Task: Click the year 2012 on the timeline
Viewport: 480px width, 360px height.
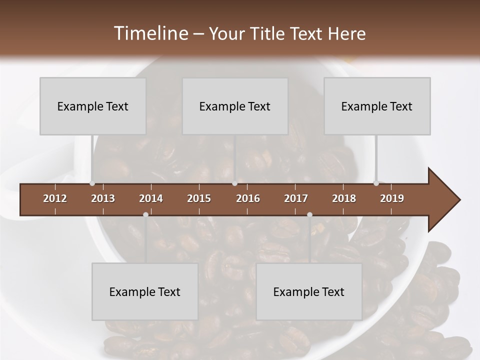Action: pos(55,198)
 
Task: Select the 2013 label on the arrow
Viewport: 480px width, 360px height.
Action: pos(103,198)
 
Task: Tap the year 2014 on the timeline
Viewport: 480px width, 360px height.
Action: pos(151,198)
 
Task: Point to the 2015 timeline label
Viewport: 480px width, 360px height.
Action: pos(199,198)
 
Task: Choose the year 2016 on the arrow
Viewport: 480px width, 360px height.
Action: pos(248,198)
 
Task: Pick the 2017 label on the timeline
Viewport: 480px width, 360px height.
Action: pos(296,198)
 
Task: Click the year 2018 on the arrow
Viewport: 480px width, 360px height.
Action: pos(344,198)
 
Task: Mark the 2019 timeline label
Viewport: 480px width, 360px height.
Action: pos(392,198)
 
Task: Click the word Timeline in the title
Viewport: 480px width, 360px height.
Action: pos(150,33)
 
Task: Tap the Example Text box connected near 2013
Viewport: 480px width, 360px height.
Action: pos(93,106)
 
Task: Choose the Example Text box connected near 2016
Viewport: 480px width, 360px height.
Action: pos(235,106)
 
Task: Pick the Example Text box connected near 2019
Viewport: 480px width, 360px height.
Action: pos(377,106)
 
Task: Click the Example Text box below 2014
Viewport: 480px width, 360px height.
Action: pos(145,291)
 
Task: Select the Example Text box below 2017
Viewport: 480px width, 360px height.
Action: pos(309,291)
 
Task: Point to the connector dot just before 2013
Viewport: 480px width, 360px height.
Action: pos(92,183)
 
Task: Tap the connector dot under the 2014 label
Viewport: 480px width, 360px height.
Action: pos(145,214)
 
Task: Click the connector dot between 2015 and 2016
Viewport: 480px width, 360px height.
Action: pos(234,183)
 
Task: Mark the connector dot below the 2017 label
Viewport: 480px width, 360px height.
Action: pos(309,214)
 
